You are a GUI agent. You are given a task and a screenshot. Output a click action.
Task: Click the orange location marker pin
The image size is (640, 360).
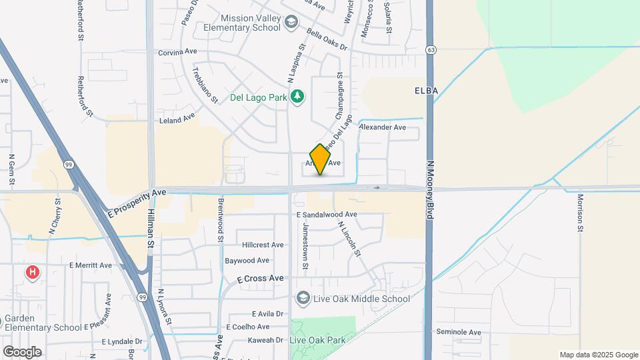click(x=320, y=159)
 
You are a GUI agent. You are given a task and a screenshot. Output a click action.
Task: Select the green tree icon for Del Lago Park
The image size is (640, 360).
click(x=297, y=97)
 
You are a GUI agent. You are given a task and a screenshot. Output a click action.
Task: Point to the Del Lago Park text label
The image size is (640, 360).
click(x=258, y=97)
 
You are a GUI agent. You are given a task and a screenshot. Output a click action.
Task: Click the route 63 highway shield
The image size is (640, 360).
click(x=432, y=49)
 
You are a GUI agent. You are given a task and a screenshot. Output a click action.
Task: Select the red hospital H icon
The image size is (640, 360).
click(x=31, y=272)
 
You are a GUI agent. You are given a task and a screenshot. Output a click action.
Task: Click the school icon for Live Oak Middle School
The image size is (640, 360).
click(x=303, y=298)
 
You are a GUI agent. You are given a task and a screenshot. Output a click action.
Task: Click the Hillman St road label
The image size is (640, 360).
click(x=151, y=226)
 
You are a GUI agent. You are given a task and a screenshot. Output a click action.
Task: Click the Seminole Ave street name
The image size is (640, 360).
click(x=458, y=332)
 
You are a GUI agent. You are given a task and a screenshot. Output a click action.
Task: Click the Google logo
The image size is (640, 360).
click(x=22, y=352)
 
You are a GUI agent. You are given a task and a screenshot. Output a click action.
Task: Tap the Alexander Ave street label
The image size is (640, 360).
click(x=382, y=127)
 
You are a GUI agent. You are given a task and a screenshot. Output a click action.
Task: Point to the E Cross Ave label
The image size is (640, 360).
click(x=261, y=278)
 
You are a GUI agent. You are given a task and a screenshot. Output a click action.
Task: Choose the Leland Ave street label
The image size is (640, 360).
click(x=177, y=119)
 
